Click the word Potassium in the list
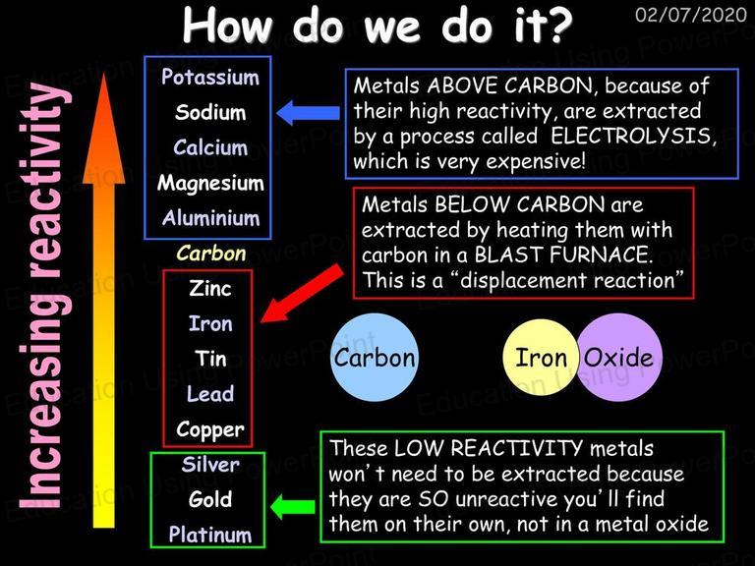(x=210, y=77)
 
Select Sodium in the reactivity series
(x=210, y=112)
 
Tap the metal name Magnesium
(x=210, y=184)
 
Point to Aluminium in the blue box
(x=211, y=218)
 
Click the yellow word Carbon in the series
(x=211, y=254)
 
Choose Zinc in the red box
(x=210, y=288)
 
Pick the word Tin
(x=210, y=359)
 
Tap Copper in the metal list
(x=210, y=429)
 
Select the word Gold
(x=210, y=499)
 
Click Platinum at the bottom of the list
(x=210, y=535)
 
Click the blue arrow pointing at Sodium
(x=308, y=113)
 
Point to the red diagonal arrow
(x=303, y=294)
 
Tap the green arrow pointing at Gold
(x=293, y=506)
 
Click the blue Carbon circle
(x=375, y=358)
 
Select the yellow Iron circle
(x=541, y=358)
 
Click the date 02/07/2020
(x=690, y=15)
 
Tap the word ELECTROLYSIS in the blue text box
(x=631, y=137)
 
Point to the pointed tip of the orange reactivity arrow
(x=103, y=74)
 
